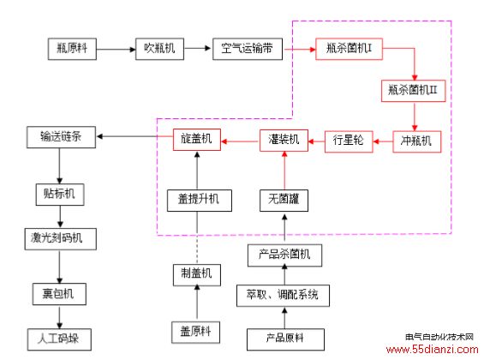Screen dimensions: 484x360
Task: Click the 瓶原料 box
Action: click(x=72, y=49)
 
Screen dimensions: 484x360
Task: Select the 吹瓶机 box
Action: click(x=159, y=49)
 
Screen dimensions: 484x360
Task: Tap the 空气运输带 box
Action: click(x=248, y=49)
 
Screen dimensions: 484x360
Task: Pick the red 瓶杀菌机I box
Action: click(x=349, y=49)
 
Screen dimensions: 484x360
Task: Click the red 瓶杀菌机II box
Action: click(x=413, y=91)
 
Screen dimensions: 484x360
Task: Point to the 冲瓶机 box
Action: click(x=416, y=141)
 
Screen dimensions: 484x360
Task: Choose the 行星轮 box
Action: click(x=349, y=141)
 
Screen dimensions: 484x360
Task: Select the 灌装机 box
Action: click(x=284, y=141)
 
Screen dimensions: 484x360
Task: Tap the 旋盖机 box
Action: click(x=197, y=140)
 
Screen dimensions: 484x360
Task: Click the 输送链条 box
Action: click(x=61, y=137)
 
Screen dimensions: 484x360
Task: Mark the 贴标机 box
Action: click(x=60, y=195)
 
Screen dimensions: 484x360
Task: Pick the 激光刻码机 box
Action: click(x=61, y=239)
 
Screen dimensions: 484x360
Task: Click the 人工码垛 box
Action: click(x=59, y=339)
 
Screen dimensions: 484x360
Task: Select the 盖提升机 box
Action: click(x=200, y=201)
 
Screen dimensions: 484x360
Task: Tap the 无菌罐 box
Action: click(x=284, y=201)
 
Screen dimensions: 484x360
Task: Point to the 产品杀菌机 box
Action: click(x=284, y=255)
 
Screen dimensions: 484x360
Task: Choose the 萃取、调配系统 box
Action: click(x=283, y=296)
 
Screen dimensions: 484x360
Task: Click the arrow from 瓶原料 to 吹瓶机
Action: click(x=116, y=49)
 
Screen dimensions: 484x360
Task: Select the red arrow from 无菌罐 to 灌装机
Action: click(x=284, y=171)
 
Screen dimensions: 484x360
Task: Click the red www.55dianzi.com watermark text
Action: click(x=432, y=350)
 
